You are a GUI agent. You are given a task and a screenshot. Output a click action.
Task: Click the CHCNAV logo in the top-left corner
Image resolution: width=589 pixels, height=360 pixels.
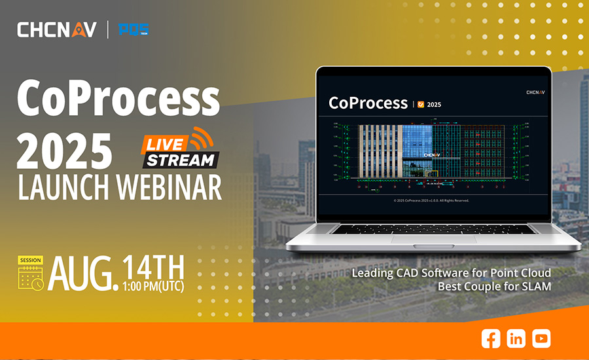pos(56,29)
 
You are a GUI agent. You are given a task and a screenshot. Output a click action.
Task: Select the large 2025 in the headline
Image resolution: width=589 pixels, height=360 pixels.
pos(64,149)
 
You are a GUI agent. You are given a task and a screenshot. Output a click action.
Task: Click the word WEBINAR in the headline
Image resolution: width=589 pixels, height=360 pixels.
pos(169,187)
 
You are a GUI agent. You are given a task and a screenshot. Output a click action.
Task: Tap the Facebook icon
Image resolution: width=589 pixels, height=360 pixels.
pos(491,338)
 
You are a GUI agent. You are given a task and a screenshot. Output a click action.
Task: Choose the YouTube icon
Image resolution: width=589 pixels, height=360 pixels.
pos(541,338)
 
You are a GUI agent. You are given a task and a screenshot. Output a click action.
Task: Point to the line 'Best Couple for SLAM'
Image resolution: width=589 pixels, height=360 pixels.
pos(495,287)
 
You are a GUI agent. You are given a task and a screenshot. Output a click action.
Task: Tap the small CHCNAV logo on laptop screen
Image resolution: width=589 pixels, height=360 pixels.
pos(535,92)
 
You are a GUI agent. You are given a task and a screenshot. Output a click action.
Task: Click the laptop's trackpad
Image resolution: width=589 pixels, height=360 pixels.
pos(433,240)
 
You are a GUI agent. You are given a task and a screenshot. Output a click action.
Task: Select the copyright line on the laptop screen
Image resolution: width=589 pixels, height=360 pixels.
pos(433,200)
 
